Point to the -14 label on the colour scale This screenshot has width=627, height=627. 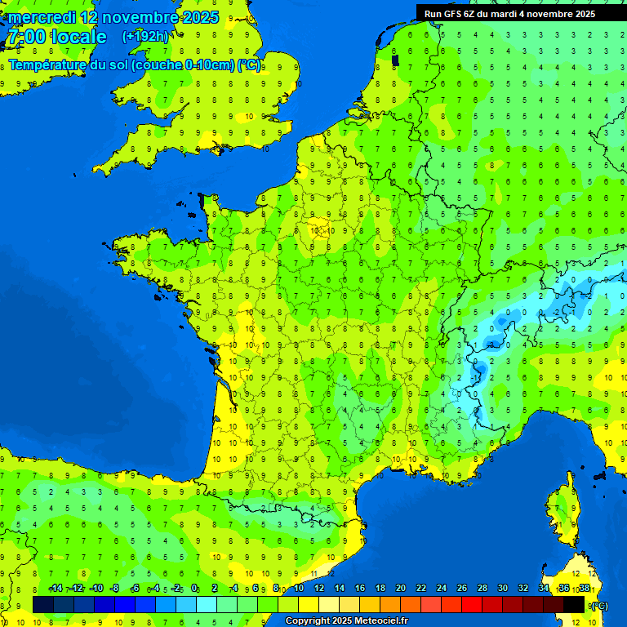(56, 589)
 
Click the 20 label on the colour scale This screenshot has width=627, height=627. (400, 589)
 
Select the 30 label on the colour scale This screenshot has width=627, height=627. (502, 589)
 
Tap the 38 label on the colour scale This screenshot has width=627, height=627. (584, 589)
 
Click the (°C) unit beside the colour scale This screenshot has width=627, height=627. (600, 605)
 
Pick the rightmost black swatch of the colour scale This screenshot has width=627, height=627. (574, 604)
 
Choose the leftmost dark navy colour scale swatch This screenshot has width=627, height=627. (43, 604)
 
